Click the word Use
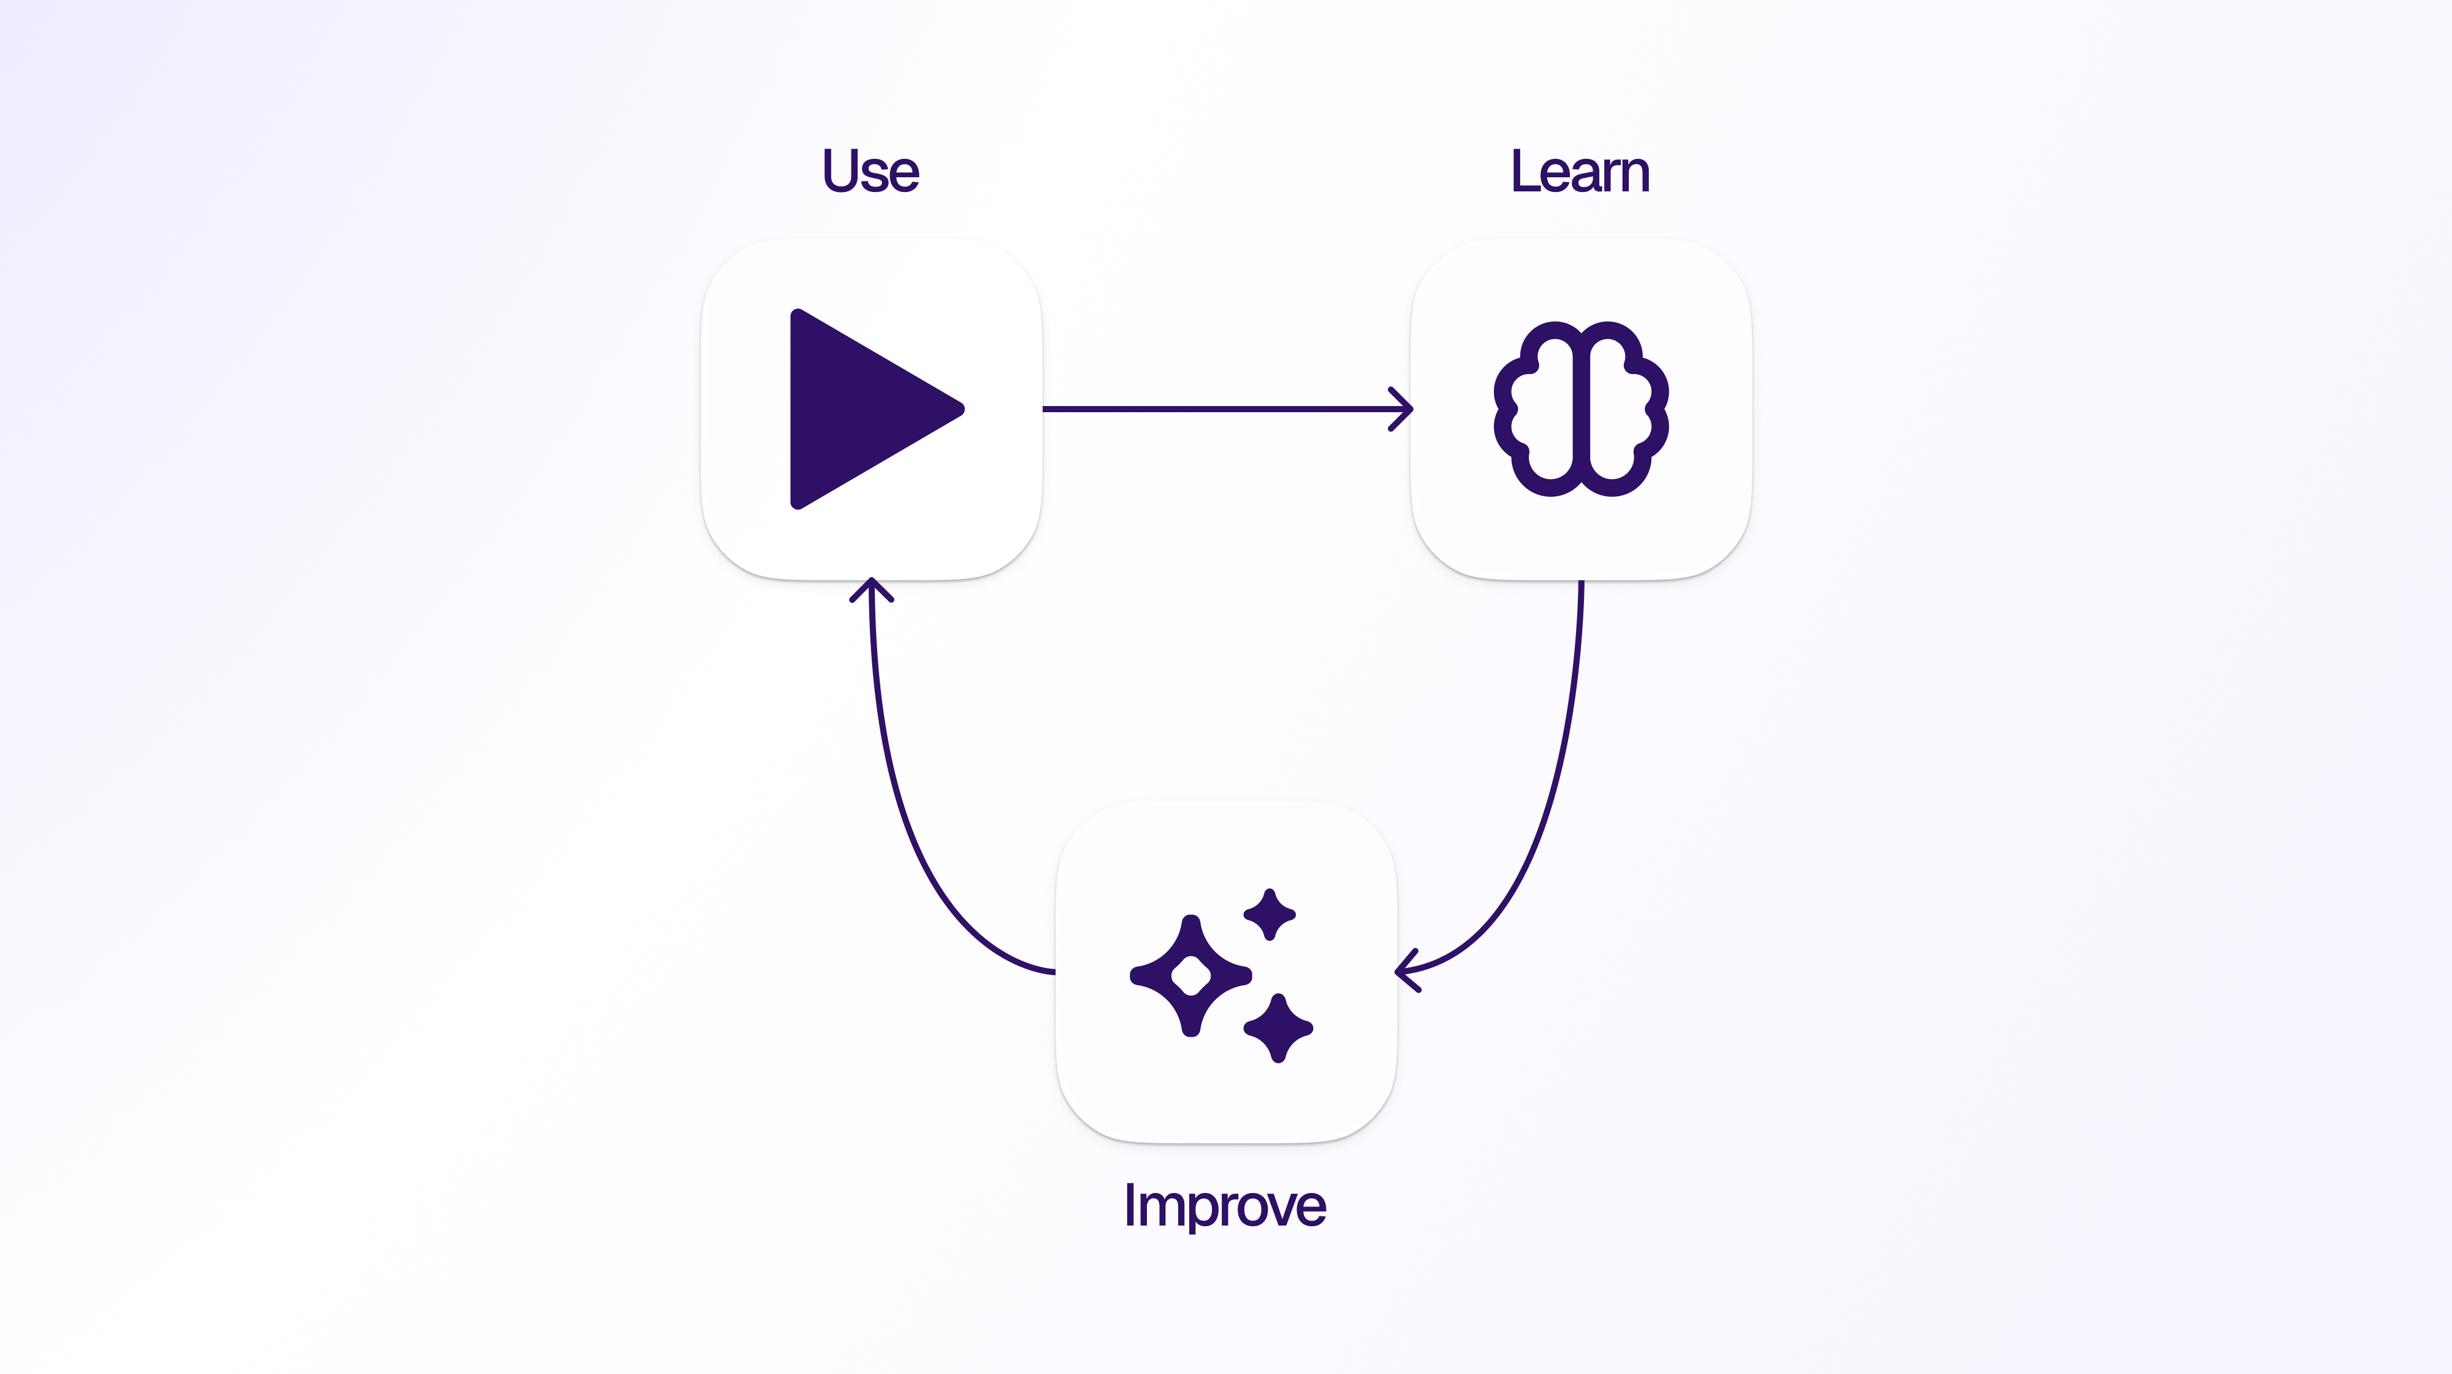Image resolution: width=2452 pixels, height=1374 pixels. click(x=870, y=172)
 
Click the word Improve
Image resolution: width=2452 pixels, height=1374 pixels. click(x=1224, y=1205)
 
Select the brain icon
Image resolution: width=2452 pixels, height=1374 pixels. click(x=1580, y=409)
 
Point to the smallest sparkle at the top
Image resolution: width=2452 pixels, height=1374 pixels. click(x=1270, y=914)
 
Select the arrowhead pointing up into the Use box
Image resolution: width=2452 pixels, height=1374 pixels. click(x=871, y=588)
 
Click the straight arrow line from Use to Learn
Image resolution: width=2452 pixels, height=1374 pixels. click(x=1219, y=409)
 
